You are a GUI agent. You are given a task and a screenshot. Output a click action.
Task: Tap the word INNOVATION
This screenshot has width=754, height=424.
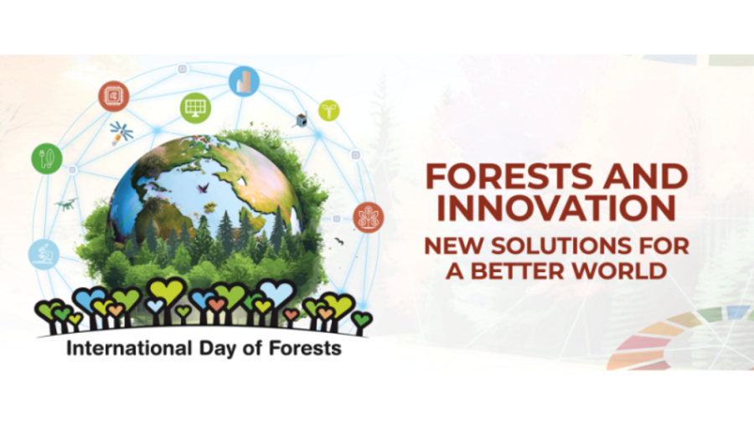point(556,208)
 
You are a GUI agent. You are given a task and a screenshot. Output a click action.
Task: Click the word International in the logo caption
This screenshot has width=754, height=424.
point(129,348)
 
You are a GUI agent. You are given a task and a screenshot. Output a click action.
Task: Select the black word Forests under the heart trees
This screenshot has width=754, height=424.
point(305,348)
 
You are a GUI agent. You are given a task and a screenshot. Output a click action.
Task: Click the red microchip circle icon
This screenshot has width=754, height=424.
point(114,96)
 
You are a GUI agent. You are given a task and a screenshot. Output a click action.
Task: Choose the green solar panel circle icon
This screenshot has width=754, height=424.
point(196,108)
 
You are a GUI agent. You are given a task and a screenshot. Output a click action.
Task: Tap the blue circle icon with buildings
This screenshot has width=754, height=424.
point(245,82)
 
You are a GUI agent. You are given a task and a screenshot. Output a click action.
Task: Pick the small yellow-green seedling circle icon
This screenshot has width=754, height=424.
point(329,111)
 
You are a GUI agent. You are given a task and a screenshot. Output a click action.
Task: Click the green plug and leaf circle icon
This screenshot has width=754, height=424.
point(47,158)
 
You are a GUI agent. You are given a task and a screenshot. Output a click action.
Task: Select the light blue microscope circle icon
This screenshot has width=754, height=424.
point(44,254)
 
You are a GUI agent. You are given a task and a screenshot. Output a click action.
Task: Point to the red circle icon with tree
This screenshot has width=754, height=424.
point(369,217)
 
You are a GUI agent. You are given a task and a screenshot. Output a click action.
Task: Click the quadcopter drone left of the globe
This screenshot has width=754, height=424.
point(66,204)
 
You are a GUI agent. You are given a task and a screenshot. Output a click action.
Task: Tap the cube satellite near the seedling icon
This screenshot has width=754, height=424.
point(301,120)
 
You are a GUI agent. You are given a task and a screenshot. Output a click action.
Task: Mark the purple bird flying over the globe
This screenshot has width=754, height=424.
point(203,188)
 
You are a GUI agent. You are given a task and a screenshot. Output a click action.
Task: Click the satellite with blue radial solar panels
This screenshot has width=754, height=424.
point(121,132)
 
